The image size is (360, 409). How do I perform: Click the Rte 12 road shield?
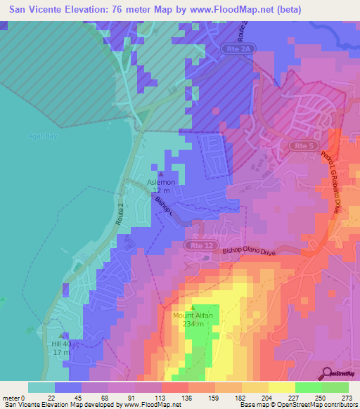198,245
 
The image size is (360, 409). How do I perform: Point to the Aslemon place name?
161,183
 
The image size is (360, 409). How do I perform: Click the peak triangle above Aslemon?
161,174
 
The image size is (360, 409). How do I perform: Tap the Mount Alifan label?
193,316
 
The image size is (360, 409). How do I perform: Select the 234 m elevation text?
193,324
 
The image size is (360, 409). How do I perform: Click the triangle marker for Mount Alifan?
193,308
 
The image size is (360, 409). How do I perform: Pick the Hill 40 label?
62,344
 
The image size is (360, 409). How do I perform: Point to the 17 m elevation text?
62,351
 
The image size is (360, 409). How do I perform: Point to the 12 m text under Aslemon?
161,191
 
